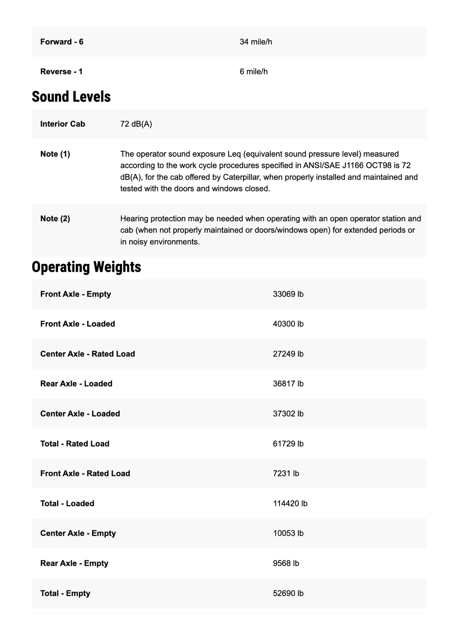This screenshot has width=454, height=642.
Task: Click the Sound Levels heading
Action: pyautogui.click(x=71, y=96)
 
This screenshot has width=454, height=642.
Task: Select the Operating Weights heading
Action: pyautogui.click(x=86, y=267)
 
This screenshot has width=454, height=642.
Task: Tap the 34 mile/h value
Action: pyautogui.click(x=256, y=42)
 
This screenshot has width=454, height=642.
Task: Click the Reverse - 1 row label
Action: pyautogui.click(x=61, y=72)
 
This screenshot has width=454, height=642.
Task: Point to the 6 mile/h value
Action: pyautogui.click(x=254, y=72)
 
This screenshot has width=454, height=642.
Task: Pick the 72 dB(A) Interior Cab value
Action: pyautogui.click(x=136, y=124)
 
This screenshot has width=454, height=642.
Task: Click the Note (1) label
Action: pyautogui.click(x=55, y=154)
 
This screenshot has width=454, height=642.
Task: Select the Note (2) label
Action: pyautogui.click(x=55, y=219)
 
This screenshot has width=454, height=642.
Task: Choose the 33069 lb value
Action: pyautogui.click(x=288, y=294)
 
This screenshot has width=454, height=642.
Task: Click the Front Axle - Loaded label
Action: pyautogui.click(x=78, y=324)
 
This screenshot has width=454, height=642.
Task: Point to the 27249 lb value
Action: pyautogui.click(x=288, y=354)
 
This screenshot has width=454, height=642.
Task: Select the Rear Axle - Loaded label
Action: pyautogui.click(x=76, y=384)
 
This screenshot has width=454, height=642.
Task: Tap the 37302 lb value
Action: pyautogui.click(x=288, y=414)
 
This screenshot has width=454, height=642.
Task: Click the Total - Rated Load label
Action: pyautogui.click(x=75, y=444)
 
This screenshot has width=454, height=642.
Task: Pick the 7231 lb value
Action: pyautogui.click(x=286, y=474)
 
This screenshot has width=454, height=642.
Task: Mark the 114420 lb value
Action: pyautogui.click(x=290, y=503)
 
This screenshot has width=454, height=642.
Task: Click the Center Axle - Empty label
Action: pyautogui.click(x=78, y=533)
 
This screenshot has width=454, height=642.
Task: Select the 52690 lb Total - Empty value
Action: pyautogui.click(x=288, y=593)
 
